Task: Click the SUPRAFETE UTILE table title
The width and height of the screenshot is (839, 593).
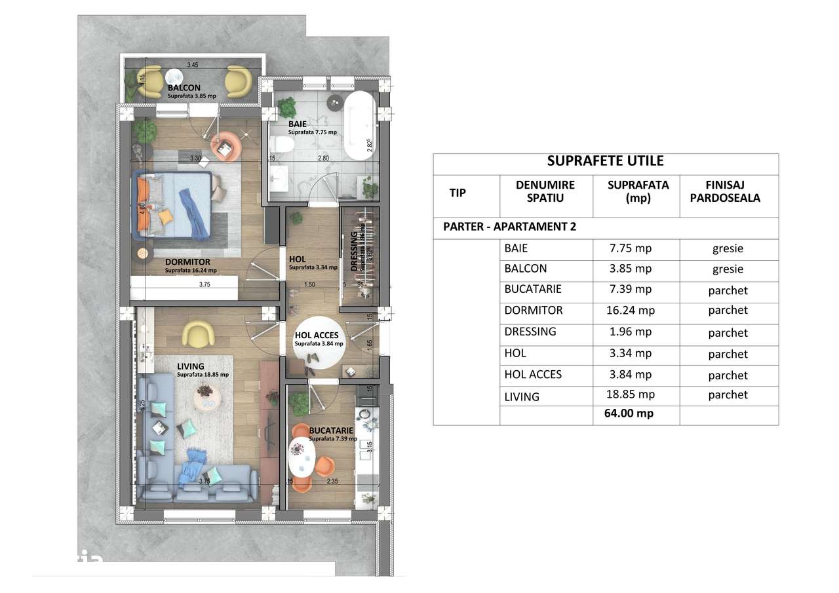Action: pyautogui.click(x=605, y=161)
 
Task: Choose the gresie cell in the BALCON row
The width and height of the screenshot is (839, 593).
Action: pyautogui.click(x=728, y=269)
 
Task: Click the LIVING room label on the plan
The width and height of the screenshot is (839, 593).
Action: pyautogui.click(x=190, y=366)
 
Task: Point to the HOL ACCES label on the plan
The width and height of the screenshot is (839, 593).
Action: pyautogui.click(x=316, y=335)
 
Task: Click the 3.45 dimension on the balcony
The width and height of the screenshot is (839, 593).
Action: pyautogui.click(x=192, y=65)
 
